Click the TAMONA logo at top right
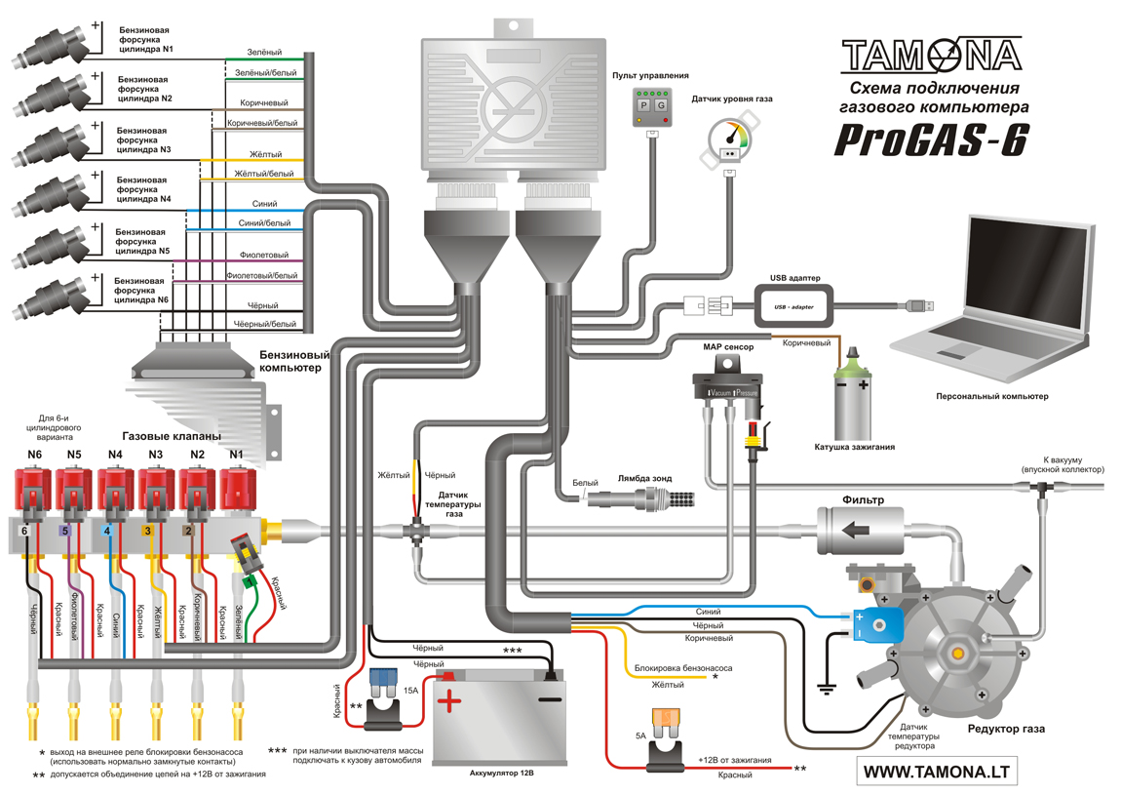tap(931, 55)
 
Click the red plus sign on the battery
tap(449, 700)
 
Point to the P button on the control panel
tap(643, 104)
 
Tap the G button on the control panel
tap(661, 104)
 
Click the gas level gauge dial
tap(731, 137)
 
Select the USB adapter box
tap(793, 305)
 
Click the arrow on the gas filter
tap(857, 531)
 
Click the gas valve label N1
tap(236, 455)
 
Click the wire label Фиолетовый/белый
tap(261, 276)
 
